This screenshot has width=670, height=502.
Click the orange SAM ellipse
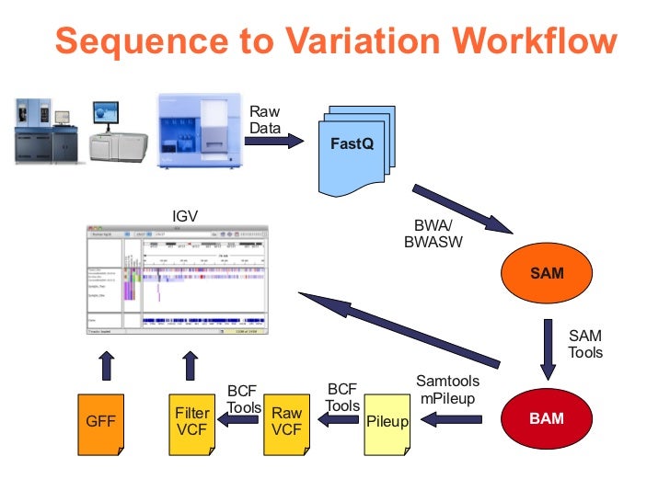click(x=547, y=273)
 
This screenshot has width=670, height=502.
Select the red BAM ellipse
click(x=546, y=419)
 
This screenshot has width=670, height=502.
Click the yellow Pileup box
click(x=387, y=423)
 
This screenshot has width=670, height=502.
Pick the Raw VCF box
click(x=286, y=423)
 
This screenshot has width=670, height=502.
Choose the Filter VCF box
click(x=192, y=423)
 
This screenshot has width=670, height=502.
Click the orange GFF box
click(x=99, y=423)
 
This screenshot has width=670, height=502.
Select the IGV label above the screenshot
click(x=185, y=217)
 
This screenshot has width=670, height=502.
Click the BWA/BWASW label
click(x=433, y=235)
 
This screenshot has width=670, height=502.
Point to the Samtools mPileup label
click(x=447, y=389)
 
